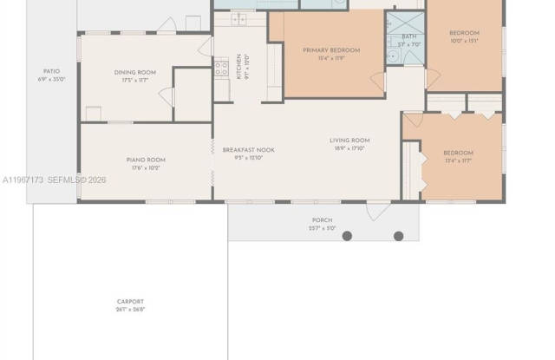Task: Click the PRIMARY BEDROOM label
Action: point(331,50)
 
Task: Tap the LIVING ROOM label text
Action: point(349,141)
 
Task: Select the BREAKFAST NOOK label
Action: point(248,150)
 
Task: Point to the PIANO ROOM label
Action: point(146,160)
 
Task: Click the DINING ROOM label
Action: point(135,72)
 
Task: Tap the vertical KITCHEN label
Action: point(239,66)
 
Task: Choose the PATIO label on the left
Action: point(51,72)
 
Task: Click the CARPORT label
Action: point(130,302)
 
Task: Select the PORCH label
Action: point(322,221)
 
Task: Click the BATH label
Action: point(408,36)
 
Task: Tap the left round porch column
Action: point(347,236)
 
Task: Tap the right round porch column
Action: point(399,236)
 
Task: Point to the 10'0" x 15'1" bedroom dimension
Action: point(465,41)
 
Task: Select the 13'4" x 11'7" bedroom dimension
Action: point(458,160)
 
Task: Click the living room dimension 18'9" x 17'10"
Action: point(349,148)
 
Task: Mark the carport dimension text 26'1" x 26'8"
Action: point(130,309)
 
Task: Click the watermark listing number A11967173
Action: point(23,180)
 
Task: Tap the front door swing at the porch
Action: point(378,211)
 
